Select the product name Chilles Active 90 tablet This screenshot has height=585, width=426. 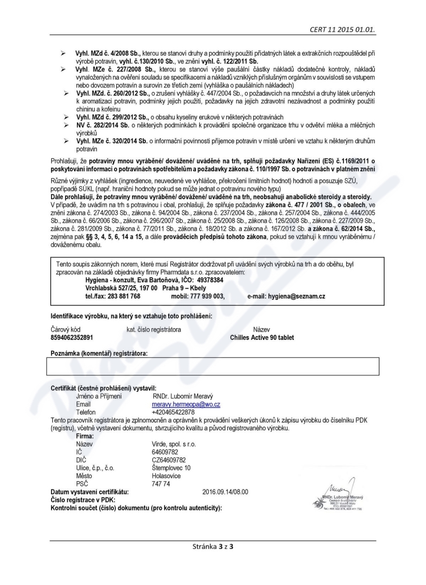(x=261, y=337)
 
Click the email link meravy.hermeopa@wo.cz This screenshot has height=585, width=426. (x=178, y=404)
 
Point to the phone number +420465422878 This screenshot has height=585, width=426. (x=173, y=412)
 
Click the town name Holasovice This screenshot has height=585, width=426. (x=166, y=475)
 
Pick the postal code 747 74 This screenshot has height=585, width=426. (x=160, y=483)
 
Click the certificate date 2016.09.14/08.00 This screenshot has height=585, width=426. (x=225, y=491)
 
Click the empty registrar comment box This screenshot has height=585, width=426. (x=213, y=366)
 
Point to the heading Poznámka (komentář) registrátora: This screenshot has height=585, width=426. (x=99, y=353)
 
